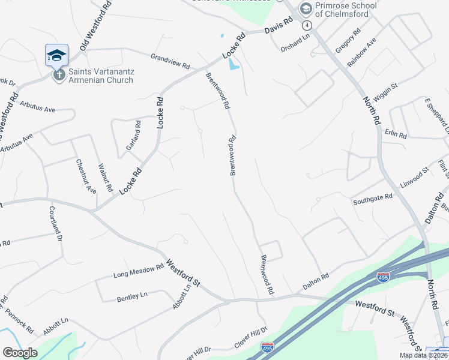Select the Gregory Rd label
coord(348,40)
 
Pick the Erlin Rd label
coord(397,134)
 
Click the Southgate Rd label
coord(372,197)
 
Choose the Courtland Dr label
coord(56,223)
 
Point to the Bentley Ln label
coord(132,296)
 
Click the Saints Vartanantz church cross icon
coord(59,75)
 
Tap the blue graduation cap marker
coord(57,55)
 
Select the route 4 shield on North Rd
coord(307,25)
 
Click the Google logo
coord(19,353)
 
